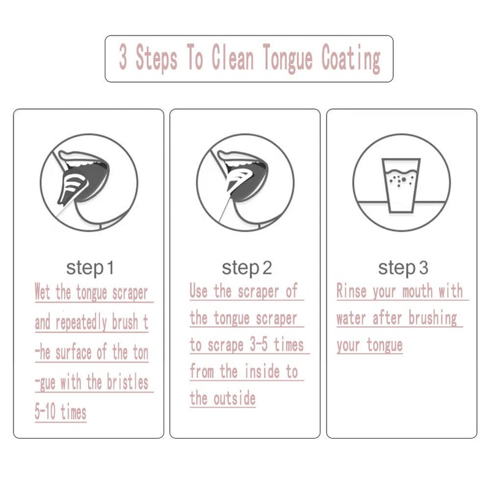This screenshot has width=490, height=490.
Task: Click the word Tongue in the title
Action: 287,59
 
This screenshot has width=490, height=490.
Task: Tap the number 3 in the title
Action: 123,56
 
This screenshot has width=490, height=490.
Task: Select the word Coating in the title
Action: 351,59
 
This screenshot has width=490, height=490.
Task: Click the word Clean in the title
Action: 233,56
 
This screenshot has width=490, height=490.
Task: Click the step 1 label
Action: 90,268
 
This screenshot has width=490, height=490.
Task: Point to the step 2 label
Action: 247,268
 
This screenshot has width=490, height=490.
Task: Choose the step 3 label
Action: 403,268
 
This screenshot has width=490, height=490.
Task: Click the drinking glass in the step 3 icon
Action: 401,186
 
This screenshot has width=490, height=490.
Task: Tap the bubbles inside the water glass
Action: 401,180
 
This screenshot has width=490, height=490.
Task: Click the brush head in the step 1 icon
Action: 71,187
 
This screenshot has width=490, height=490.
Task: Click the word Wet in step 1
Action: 42,292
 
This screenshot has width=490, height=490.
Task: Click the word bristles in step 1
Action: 127,382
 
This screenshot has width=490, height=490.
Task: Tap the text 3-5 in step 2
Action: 258,345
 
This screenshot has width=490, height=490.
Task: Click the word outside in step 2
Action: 235,399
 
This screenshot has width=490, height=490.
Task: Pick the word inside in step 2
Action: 262,372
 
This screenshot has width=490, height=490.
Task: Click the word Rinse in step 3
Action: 351,290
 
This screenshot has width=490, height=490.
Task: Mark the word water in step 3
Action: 351,318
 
